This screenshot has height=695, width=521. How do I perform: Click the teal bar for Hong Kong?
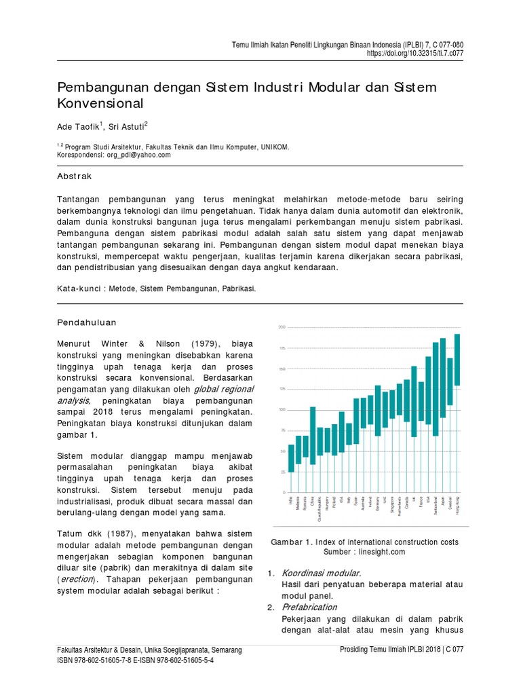457,360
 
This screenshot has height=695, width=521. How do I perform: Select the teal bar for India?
291,458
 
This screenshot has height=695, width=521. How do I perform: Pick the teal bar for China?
313,436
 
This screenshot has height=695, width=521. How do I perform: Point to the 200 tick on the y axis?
282,328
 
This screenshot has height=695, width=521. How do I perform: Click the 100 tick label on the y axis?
282,410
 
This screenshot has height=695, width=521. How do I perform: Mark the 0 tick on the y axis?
283,492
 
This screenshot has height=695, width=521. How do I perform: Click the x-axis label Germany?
378,507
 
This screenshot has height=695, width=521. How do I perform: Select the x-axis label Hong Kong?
457,509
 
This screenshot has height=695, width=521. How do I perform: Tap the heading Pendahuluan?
87,322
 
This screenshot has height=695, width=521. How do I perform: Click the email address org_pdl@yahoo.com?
138,155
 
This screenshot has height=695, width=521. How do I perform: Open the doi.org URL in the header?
415,52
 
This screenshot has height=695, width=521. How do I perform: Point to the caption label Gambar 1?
291,542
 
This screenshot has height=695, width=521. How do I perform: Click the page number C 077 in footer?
450,650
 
